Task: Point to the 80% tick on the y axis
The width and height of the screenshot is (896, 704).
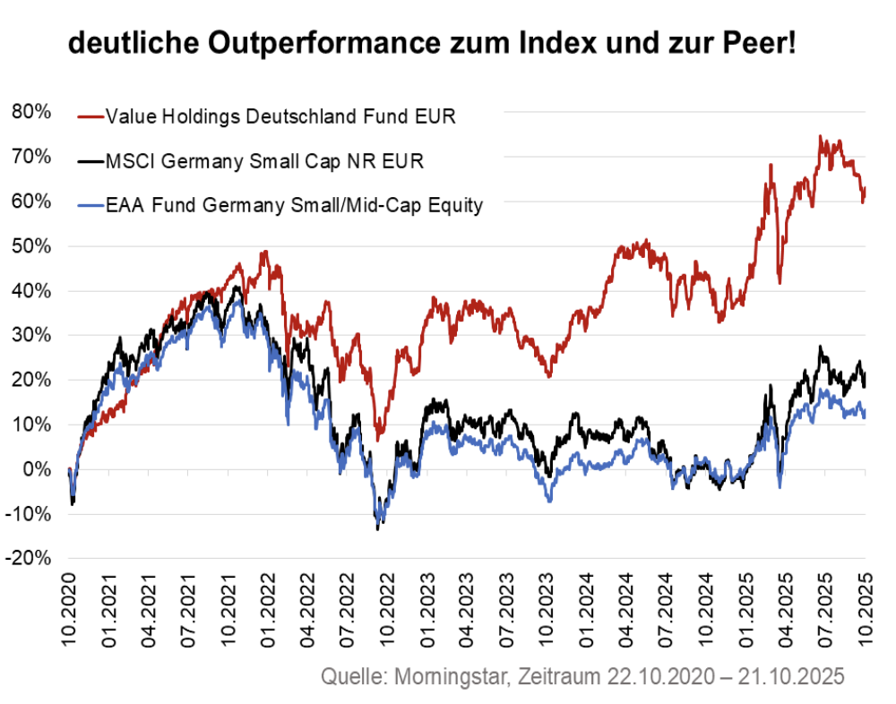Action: pos(31,112)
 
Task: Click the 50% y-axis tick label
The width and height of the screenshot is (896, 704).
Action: pos(31,245)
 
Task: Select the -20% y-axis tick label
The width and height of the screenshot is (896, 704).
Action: pos(29,558)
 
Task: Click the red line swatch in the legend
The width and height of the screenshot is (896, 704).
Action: pos(90,116)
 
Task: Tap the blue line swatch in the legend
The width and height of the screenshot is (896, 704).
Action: pos(90,205)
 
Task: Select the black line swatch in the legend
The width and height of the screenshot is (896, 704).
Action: pos(90,161)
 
